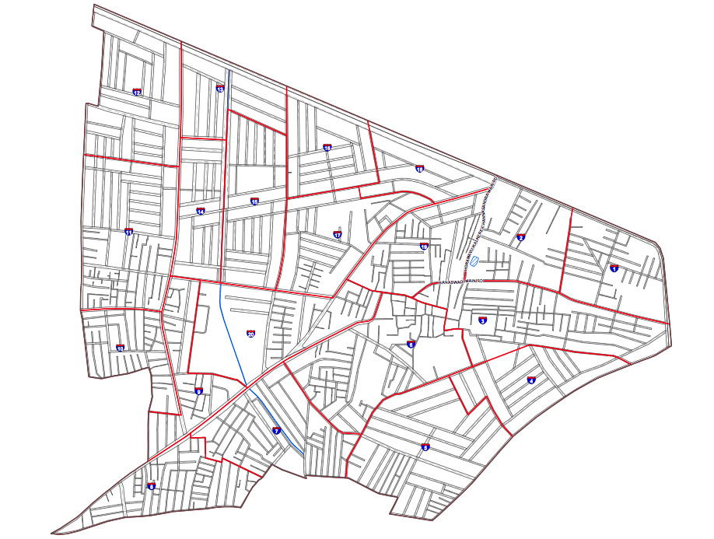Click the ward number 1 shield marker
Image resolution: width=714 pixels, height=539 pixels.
click(x=614, y=268)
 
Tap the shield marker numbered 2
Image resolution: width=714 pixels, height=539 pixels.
click(x=521, y=238)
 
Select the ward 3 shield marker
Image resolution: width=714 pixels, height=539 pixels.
click(x=483, y=320)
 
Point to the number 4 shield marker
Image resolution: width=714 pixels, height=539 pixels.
click(x=531, y=380)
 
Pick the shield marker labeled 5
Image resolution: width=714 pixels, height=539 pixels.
click(x=425, y=447)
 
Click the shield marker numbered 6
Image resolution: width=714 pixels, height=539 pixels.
click(x=411, y=345)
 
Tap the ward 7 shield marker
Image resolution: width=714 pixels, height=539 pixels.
click(x=276, y=430)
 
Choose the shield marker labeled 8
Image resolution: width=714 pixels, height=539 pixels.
click(x=151, y=486)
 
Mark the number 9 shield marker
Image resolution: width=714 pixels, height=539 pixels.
click(x=199, y=391)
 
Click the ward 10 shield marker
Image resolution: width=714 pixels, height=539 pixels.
click(x=120, y=348)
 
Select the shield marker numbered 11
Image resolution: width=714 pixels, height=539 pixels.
click(x=128, y=232)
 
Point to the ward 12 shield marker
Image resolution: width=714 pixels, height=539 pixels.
click(x=137, y=92)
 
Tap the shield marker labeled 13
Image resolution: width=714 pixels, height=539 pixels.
click(x=220, y=89)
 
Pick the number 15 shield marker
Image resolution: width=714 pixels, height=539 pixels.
click(x=254, y=201)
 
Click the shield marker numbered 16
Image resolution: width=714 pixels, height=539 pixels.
click(x=327, y=147)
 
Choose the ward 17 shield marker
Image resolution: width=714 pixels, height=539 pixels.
click(x=337, y=234)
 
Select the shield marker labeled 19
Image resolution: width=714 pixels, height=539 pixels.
click(x=424, y=247)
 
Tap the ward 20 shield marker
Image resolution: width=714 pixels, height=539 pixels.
click(x=250, y=334)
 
